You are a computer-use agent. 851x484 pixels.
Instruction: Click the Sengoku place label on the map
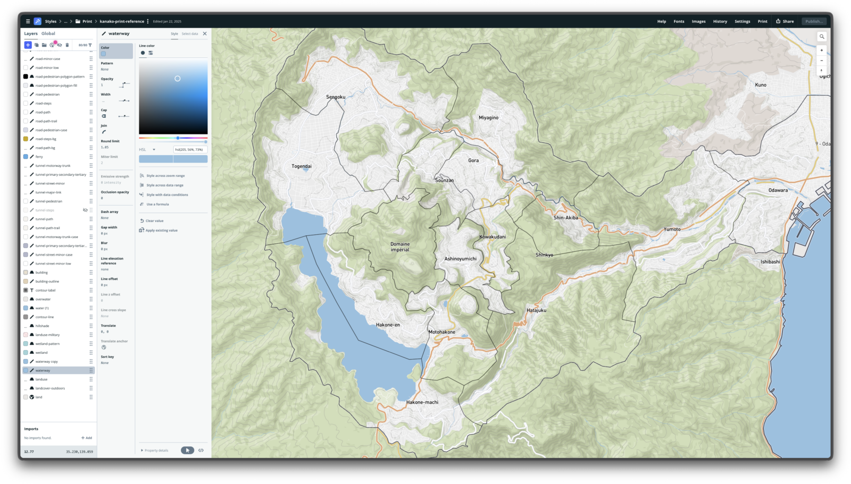[336, 97]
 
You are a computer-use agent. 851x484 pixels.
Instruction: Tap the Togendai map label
[302, 166]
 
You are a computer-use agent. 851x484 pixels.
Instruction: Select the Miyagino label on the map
[488, 117]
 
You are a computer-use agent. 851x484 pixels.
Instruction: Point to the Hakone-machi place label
[422, 402]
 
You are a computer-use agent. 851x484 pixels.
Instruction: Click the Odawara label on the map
[778, 190]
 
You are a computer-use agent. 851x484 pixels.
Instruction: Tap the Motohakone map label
[442, 332]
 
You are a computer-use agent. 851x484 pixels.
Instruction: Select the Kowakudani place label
[493, 237]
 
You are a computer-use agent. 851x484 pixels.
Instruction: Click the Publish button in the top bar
[814, 21]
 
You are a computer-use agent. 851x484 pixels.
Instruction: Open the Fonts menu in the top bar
[679, 21]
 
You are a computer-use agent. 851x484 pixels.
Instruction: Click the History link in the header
[720, 21]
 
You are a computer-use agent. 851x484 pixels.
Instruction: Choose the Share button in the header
[785, 21]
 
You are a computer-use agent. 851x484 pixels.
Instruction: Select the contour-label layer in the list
[45, 290]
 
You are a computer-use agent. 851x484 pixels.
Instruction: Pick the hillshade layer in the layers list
[42, 326]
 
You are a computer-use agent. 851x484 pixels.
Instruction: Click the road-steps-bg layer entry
[46, 139]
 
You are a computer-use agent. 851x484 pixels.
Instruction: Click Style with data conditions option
[167, 194]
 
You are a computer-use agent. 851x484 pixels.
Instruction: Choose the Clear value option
[154, 220]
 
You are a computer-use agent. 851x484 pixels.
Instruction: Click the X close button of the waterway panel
[205, 33]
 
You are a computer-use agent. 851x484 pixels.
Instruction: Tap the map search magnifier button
[821, 37]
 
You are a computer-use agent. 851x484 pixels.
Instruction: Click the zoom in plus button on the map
[821, 50]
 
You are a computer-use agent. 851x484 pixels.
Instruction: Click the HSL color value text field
[190, 149]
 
